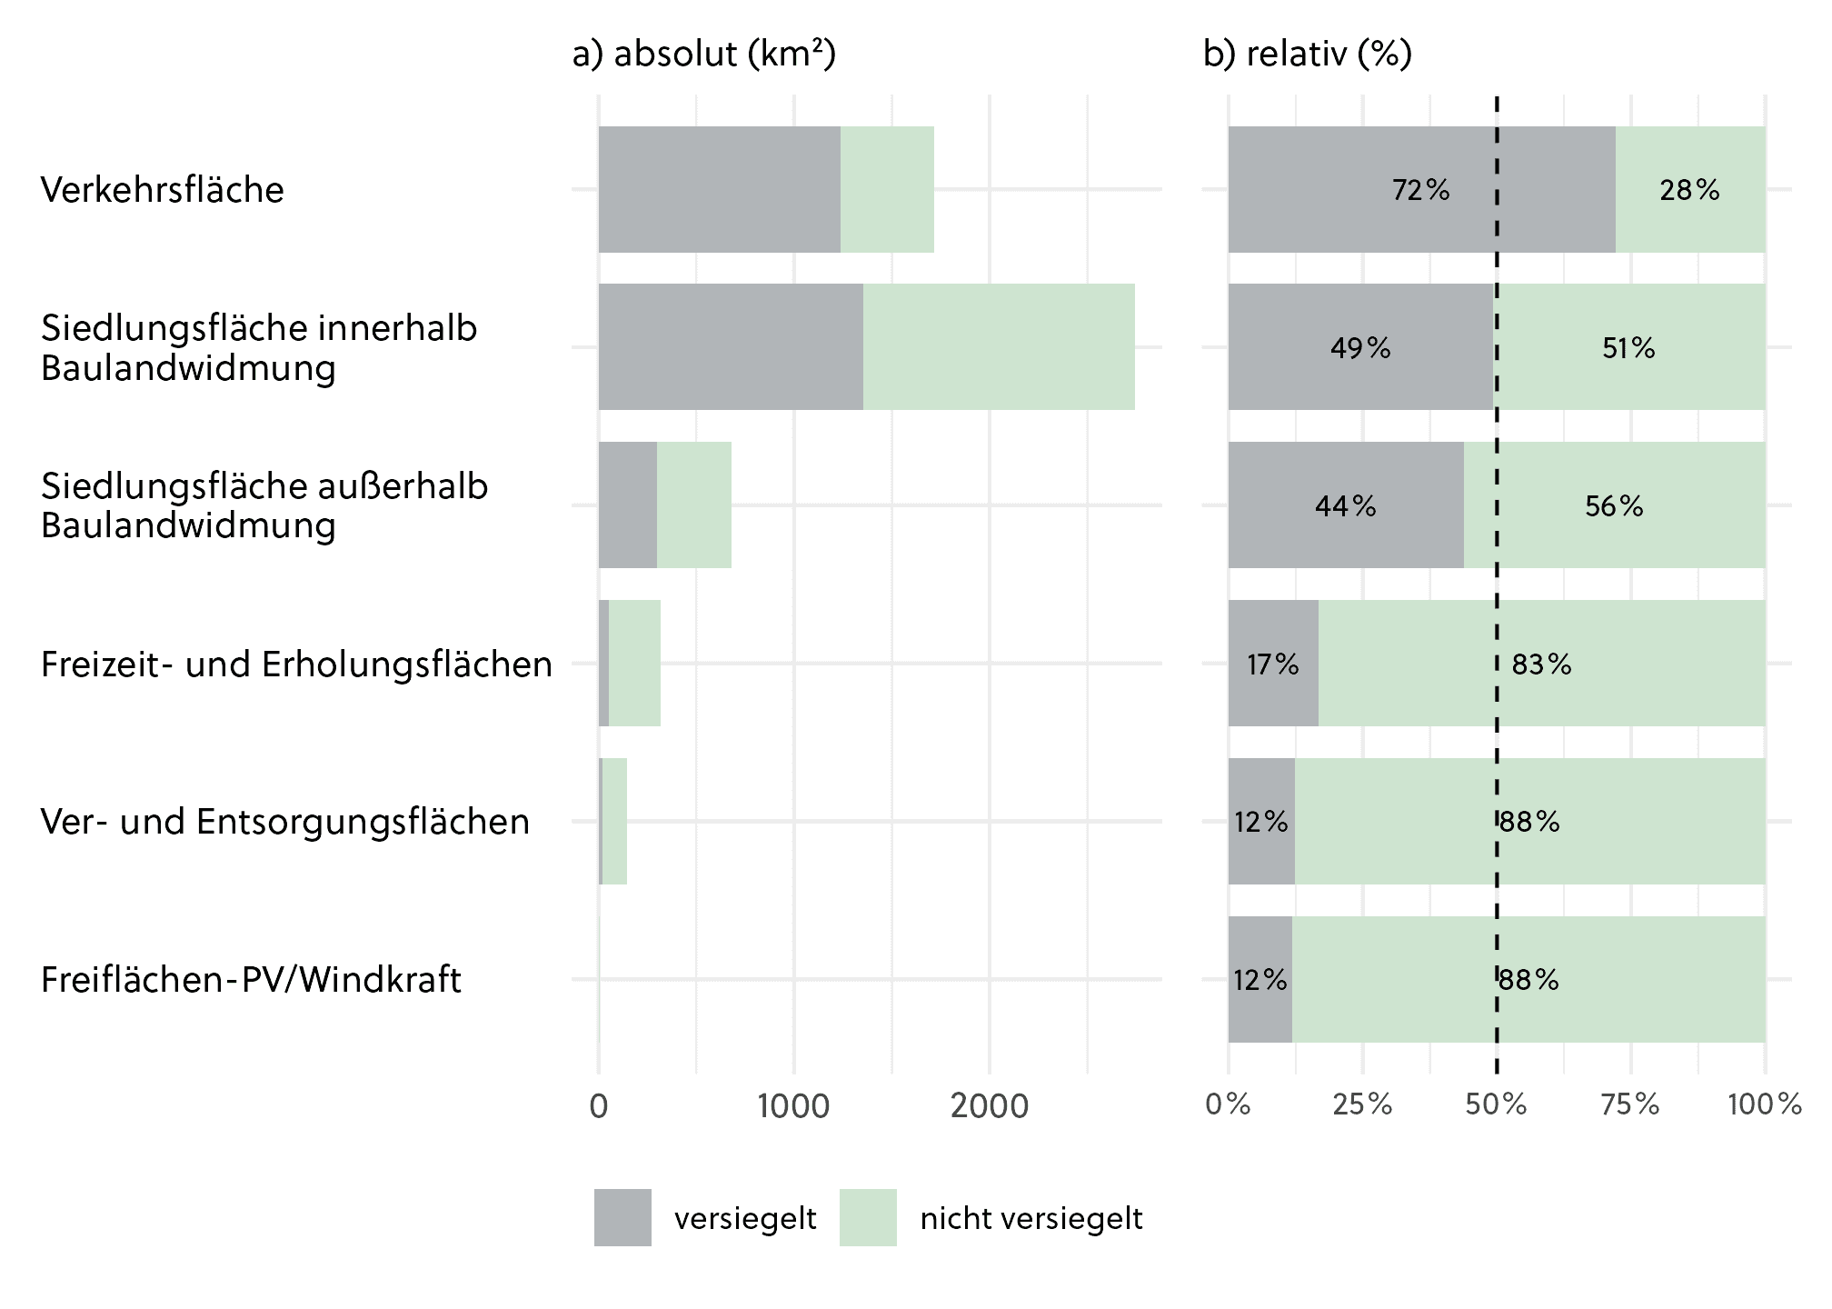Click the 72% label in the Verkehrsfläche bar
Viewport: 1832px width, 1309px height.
[1420, 190]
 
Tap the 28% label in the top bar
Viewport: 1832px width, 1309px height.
[1688, 190]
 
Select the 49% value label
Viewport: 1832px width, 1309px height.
[1359, 348]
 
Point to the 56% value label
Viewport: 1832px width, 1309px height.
[1614, 506]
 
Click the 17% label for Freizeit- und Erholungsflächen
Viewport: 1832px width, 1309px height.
[1272, 664]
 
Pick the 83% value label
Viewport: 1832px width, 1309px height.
[1541, 664]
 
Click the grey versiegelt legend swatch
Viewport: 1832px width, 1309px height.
[622, 1217]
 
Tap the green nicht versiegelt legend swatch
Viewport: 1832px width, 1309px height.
[868, 1217]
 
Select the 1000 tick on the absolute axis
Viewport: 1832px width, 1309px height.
[793, 1106]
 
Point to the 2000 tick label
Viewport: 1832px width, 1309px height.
[990, 1106]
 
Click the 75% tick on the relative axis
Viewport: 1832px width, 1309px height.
[1630, 1104]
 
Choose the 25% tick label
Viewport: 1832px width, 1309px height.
[1362, 1104]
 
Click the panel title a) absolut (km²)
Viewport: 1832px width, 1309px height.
[704, 55]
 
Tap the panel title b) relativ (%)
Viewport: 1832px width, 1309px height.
[1308, 55]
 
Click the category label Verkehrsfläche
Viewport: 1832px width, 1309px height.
[163, 190]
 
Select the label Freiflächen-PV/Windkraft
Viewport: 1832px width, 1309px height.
[252, 980]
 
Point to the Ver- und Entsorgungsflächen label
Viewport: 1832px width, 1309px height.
[285, 822]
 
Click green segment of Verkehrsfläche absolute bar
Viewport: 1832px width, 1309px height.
[887, 190]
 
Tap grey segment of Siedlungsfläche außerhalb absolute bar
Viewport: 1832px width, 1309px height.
[627, 505]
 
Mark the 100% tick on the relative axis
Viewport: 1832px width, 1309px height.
[1764, 1104]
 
